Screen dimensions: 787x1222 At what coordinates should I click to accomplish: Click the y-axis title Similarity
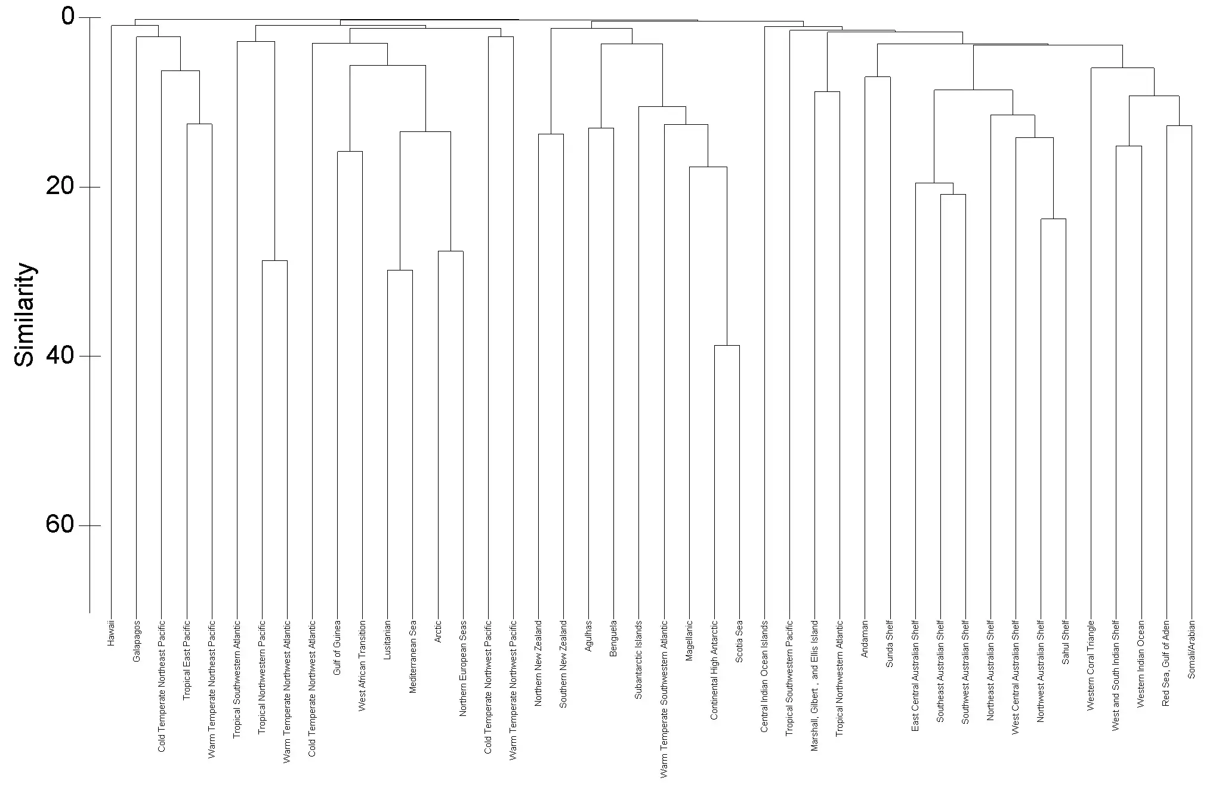(x=25, y=314)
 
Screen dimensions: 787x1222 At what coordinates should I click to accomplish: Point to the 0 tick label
(x=68, y=17)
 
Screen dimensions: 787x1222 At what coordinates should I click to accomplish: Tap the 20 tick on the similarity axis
(x=60, y=186)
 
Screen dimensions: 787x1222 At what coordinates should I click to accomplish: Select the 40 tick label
(x=60, y=355)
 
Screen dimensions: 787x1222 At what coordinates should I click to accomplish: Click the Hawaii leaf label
(x=112, y=634)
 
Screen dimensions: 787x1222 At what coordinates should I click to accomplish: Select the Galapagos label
(x=137, y=641)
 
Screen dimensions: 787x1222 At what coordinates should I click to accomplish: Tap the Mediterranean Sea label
(x=412, y=656)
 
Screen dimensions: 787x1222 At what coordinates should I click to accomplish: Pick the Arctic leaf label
(x=438, y=632)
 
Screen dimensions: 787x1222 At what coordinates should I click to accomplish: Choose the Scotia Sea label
(x=739, y=641)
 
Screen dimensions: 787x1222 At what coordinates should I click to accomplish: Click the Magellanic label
(x=689, y=640)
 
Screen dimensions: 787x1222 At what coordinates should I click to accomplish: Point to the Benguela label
(x=613, y=638)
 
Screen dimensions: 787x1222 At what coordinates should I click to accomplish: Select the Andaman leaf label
(x=865, y=639)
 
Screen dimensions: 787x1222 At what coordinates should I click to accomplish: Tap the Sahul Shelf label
(x=1066, y=642)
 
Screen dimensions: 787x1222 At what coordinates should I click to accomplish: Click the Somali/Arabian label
(x=1192, y=649)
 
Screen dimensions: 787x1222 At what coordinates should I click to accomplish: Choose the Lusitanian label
(x=387, y=640)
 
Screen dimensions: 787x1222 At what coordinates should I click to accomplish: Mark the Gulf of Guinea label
(x=337, y=647)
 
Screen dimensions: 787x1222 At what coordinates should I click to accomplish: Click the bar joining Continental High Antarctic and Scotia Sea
(x=727, y=345)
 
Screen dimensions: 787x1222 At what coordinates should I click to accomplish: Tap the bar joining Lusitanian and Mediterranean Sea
(x=400, y=270)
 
